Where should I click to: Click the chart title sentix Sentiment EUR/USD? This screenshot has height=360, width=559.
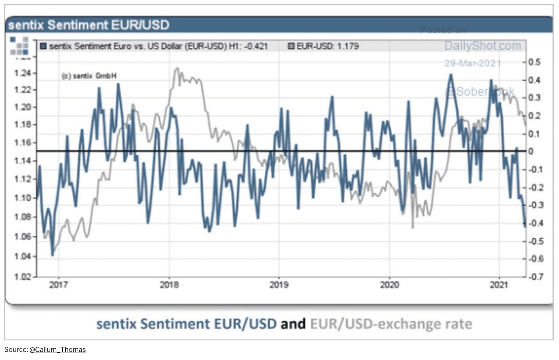[88, 25]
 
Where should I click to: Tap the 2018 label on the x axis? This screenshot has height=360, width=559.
[169, 285]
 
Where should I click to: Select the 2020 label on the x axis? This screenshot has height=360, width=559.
[389, 285]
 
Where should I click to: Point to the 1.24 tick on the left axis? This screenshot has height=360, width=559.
[22, 73]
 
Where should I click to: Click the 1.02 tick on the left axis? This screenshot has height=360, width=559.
[22, 277]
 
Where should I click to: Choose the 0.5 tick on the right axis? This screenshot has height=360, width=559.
[534, 62]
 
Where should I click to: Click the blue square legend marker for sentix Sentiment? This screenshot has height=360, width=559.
[43, 46]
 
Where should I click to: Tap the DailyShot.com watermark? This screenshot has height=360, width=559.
[482, 46]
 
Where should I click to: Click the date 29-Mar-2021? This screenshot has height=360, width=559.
[472, 63]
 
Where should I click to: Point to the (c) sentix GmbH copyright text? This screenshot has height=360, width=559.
[89, 76]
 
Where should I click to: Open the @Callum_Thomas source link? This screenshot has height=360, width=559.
[57, 350]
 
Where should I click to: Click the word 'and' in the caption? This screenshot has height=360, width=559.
[293, 324]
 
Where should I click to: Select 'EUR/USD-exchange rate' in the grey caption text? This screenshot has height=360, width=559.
[391, 324]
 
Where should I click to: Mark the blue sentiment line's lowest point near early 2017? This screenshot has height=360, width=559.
[52, 255]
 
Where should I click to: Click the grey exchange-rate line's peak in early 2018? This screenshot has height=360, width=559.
[177, 69]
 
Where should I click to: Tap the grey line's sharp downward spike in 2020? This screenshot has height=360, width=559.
[412, 227]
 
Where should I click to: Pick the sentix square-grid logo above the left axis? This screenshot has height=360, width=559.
[19, 46]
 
